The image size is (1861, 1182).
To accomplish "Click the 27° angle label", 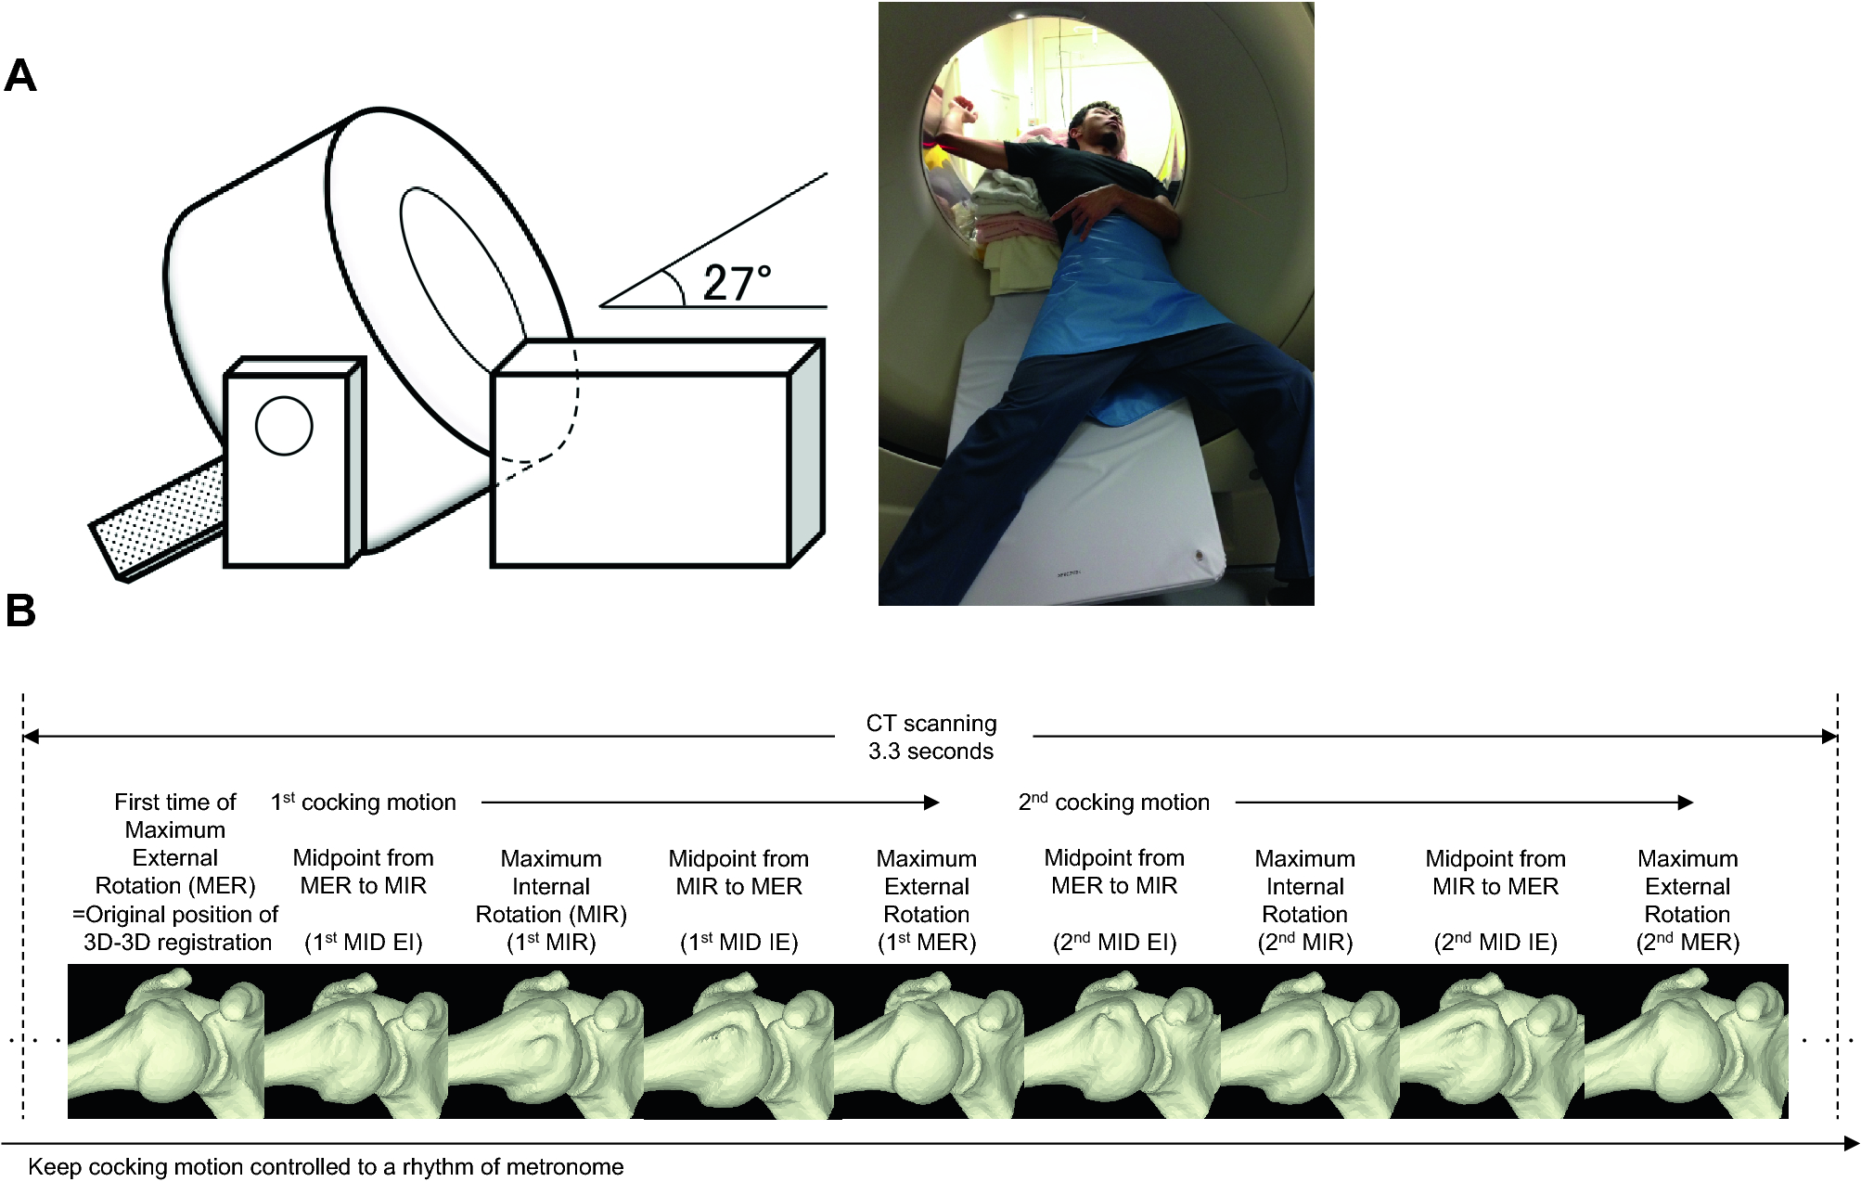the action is (x=738, y=283).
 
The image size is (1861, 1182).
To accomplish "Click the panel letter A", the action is (x=20, y=75).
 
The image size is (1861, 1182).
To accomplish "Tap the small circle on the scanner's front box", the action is (x=284, y=426).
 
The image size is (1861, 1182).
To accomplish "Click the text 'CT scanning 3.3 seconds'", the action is (x=931, y=737).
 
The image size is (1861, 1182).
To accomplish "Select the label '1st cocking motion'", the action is (x=364, y=802).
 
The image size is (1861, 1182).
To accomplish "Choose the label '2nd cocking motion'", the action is (x=1114, y=802).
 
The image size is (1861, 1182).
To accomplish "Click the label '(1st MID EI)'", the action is (x=364, y=942).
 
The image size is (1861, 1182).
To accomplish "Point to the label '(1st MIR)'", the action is (x=551, y=942).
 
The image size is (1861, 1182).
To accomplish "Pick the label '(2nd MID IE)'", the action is (x=1495, y=942).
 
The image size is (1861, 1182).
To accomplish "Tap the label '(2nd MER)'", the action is (x=1688, y=942).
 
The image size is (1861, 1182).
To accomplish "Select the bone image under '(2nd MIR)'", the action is (x=1310, y=1041).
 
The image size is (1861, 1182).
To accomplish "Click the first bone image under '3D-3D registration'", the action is (x=166, y=1041).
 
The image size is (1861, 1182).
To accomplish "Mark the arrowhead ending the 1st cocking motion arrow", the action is (x=932, y=803).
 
